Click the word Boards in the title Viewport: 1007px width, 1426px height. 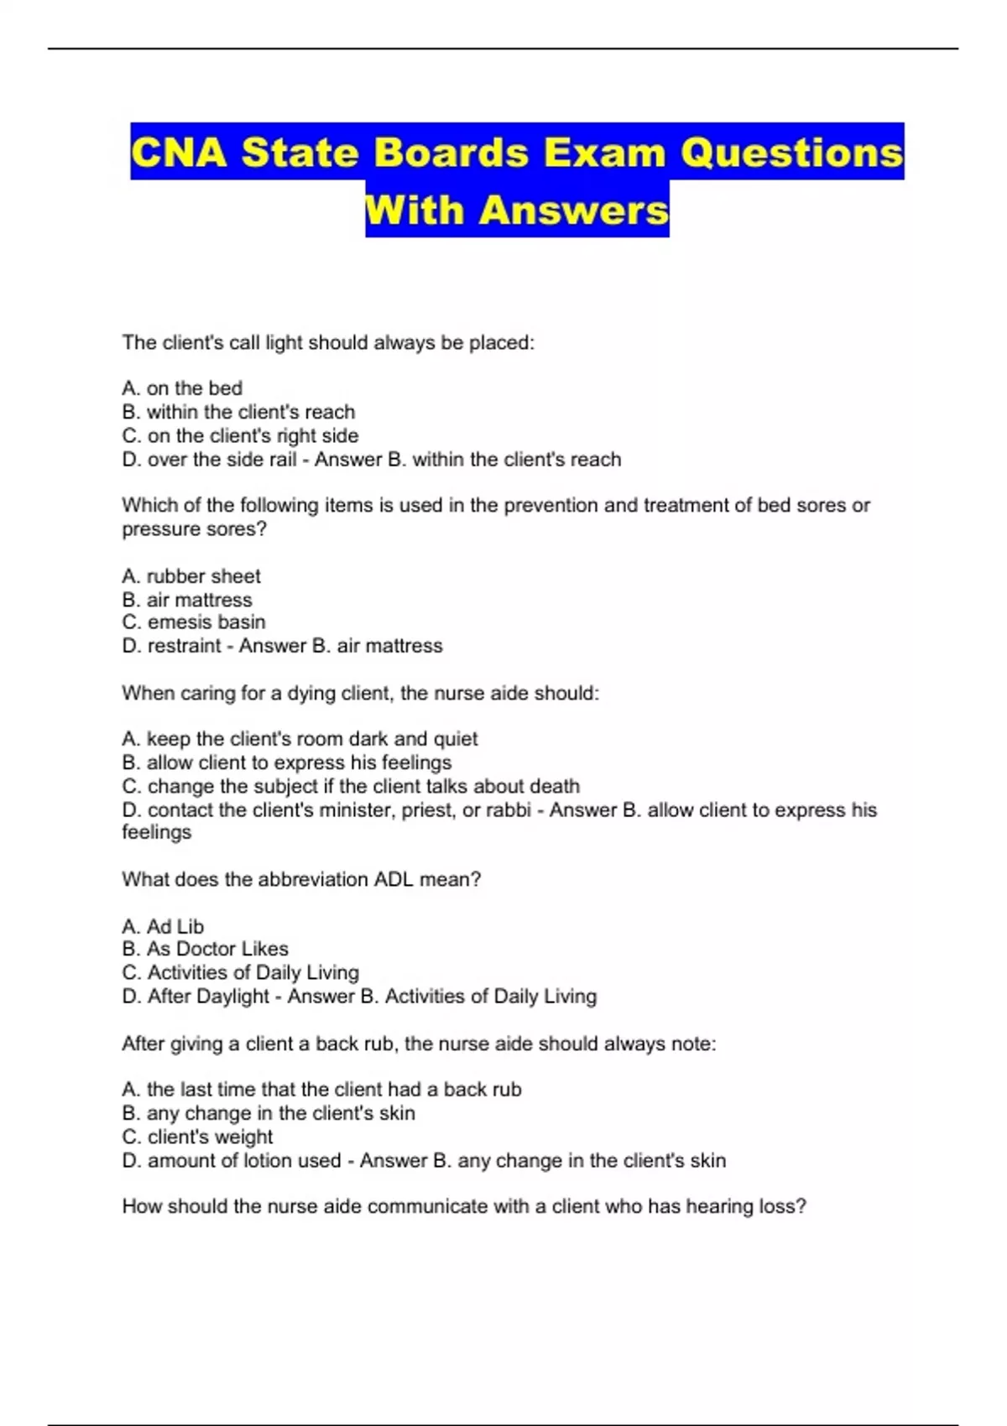[451, 153]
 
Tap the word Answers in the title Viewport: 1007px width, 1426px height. [573, 210]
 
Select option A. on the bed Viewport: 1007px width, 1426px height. [182, 388]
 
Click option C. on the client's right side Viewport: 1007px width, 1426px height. [240, 435]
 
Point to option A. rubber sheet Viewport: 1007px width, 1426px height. [191, 576]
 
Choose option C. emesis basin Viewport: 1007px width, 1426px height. [194, 622]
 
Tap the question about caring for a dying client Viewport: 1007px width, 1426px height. [361, 693]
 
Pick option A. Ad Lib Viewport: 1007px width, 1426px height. [163, 926]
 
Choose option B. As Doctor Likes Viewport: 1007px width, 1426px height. [205, 949]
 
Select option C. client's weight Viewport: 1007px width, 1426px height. [197, 1137]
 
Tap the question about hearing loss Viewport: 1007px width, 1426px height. [464, 1206]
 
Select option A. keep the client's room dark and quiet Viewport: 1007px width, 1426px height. [300, 739]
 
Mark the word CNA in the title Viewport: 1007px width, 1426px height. [179, 153]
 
